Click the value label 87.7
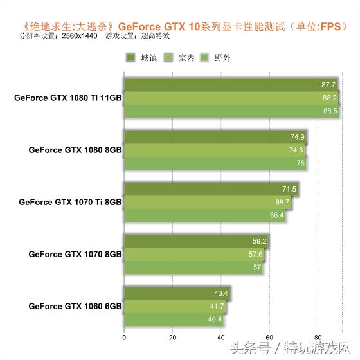pyautogui.click(x=328, y=85)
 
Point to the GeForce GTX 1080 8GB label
pyautogui.click(x=75, y=150)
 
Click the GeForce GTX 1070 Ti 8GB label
pyautogui.click(x=70, y=202)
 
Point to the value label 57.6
pyautogui.click(x=256, y=255)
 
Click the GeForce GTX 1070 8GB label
pyautogui.click(x=75, y=254)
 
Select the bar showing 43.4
pyautogui.click(x=176, y=294)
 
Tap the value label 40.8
pyautogui.click(x=215, y=319)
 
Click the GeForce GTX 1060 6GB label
pyautogui.click(x=75, y=306)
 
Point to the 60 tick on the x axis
pyautogui.click(x=269, y=336)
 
